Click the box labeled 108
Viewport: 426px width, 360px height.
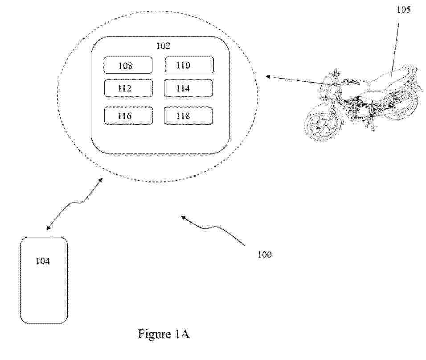(128, 65)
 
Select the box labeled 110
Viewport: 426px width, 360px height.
(189, 65)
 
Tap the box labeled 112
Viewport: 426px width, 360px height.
(128, 88)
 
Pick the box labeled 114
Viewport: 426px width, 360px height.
(188, 88)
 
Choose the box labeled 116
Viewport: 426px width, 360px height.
(128, 116)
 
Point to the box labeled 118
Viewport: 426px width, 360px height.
(188, 116)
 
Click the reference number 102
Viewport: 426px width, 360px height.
(163, 46)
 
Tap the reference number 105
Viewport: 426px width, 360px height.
(403, 10)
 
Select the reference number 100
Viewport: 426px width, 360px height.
(264, 255)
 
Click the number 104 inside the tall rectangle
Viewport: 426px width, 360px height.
(43, 261)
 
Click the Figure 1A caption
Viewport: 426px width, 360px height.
(164, 334)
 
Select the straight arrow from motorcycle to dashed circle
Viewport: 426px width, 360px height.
(299, 81)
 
